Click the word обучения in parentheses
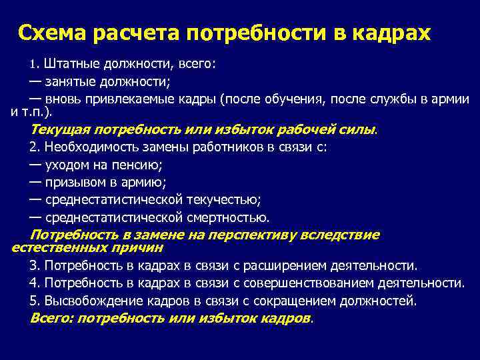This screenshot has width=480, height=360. point(304,99)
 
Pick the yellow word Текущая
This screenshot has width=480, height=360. point(59,129)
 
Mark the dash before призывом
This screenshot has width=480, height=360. point(35,181)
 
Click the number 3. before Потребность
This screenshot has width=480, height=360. point(35,265)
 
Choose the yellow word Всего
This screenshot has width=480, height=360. point(52,317)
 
